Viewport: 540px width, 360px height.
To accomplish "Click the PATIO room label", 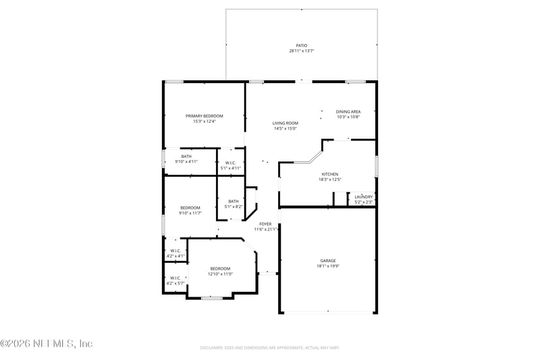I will pyautogui.click(x=301, y=45).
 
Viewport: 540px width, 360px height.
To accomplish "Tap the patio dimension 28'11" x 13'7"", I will pyautogui.click(x=301, y=51).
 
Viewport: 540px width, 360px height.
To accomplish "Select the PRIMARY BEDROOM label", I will pyautogui.click(x=204, y=116).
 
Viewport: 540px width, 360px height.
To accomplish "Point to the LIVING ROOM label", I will pyautogui.click(x=285, y=123).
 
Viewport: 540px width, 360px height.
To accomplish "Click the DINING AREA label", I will pyautogui.click(x=348, y=111).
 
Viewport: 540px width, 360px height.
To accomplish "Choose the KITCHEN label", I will pyautogui.click(x=329, y=174).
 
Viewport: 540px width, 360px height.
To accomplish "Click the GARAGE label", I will pyautogui.click(x=328, y=261).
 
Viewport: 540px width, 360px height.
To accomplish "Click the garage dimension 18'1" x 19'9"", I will pyautogui.click(x=328, y=266).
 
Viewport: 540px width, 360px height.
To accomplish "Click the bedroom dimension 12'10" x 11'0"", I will pyautogui.click(x=220, y=274).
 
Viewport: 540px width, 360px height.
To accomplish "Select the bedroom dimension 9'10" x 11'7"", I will pyautogui.click(x=190, y=213).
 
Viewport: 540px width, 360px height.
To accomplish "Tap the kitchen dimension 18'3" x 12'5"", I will pyautogui.click(x=329, y=180).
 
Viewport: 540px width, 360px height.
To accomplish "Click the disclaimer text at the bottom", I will pyautogui.click(x=269, y=348).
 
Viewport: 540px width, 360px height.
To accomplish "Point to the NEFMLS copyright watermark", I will pyautogui.click(x=47, y=344).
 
